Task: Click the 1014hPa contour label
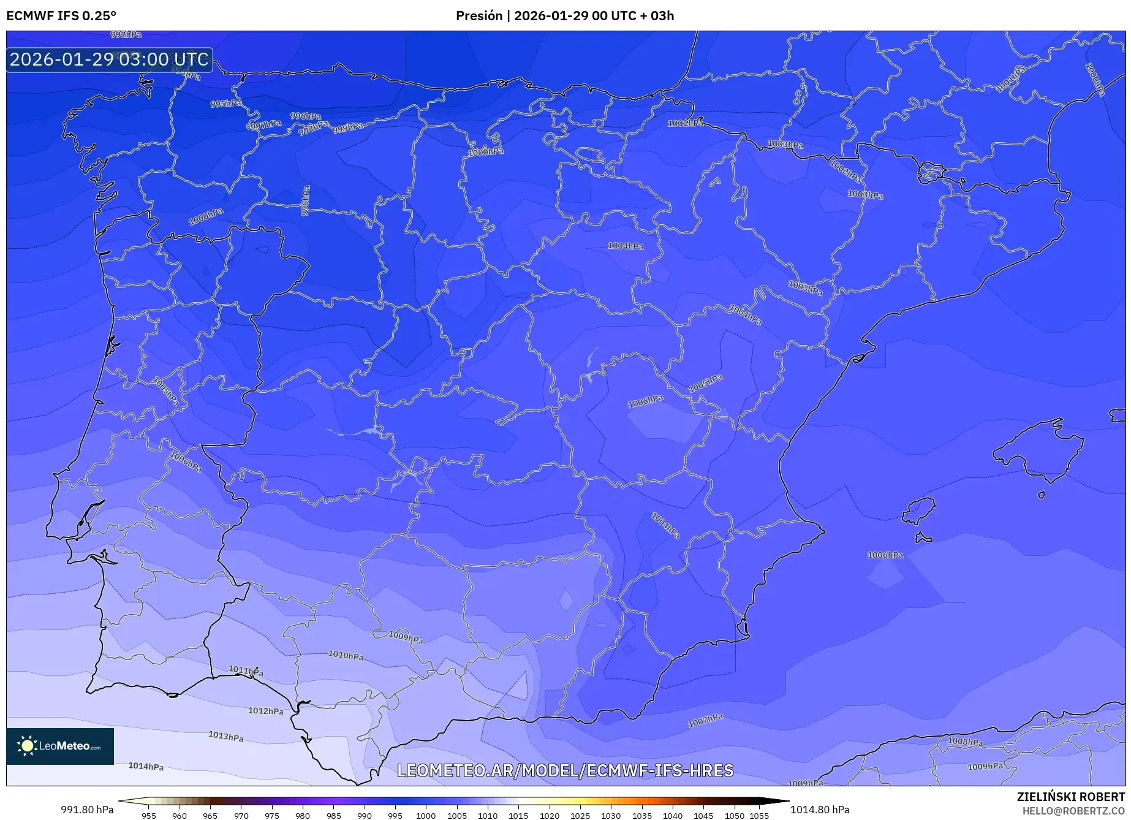click(x=146, y=766)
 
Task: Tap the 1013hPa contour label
click(x=225, y=736)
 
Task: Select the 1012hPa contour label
click(x=266, y=711)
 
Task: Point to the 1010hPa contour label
click(x=346, y=655)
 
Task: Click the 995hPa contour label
click(x=225, y=104)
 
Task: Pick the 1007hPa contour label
click(x=705, y=721)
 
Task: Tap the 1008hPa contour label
click(x=965, y=742)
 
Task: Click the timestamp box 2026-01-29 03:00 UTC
click(x=109, y=59)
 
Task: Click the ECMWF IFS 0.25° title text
click(x=61, y=15)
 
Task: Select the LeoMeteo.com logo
click(x=60, y=746)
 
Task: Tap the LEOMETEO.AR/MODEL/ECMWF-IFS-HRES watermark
click(x=565, y=770)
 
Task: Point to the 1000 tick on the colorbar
click(x=426, y=815)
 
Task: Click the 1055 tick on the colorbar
click(x=758, y=815)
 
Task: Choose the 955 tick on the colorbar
click(x=148, y=815)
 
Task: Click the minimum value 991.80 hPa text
click(x=87, y=810)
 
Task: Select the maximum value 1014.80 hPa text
click(x=820, y=810)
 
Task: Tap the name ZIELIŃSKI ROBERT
click(x=1070, y=797)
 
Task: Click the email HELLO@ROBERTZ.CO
click(x=1073, y=811)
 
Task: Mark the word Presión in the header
click(x=478, y=15)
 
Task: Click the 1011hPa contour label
click(x=246, y=670)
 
